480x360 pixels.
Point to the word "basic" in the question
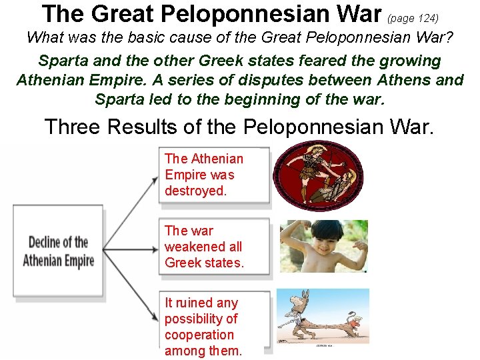(x=158, y=37)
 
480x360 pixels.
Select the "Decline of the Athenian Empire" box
(x=58, y=251)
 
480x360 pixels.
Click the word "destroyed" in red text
(x=195, y=191)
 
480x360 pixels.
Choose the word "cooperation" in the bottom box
(x=199, y=335)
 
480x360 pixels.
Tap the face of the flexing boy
(x=309, y=241)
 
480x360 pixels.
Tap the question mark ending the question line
(x=449, y=37)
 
